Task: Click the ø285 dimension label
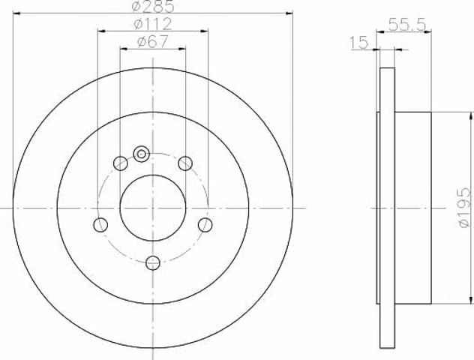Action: coord(153,6)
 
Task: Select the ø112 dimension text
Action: coord(153,24)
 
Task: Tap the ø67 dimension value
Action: coord(152,42)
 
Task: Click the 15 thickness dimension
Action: coord(358,43)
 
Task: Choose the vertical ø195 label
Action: coord(464,207)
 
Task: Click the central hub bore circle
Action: coord(153,208)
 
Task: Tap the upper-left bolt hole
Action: coord(120,163)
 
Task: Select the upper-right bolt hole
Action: coord(185,163)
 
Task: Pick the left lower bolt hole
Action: coord(100,225)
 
